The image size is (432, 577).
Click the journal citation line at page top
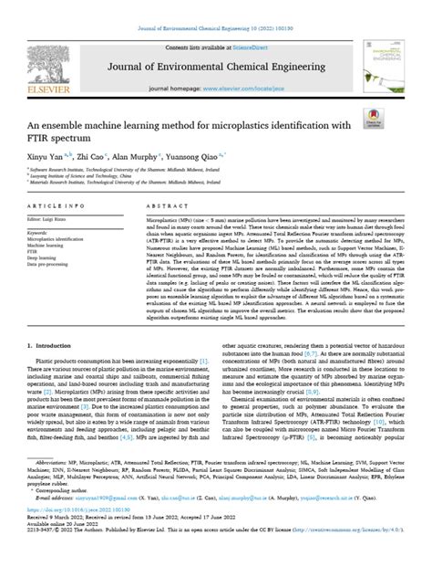pos(215,9)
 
